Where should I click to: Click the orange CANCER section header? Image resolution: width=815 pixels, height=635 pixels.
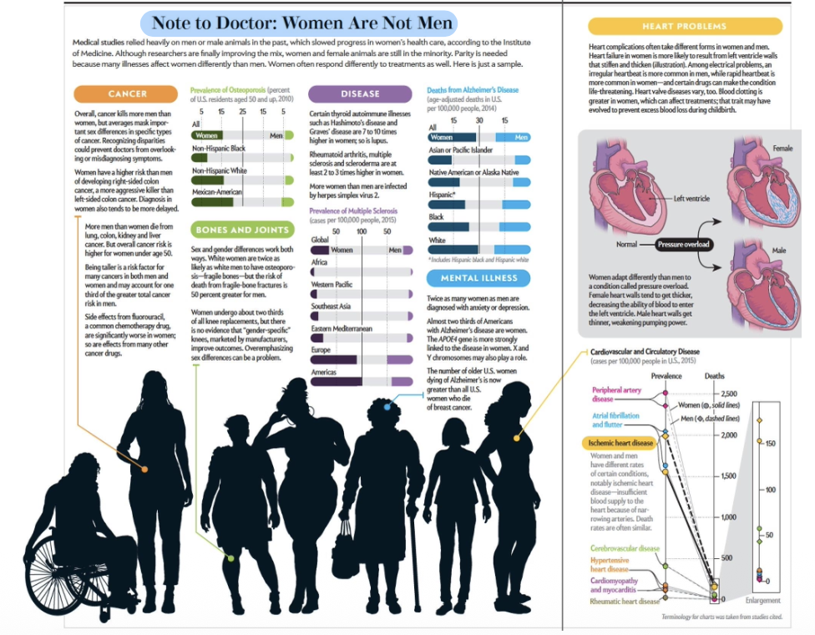click(x=128, y=94)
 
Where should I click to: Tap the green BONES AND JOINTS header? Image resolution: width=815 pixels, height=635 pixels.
click(x=240, y=230)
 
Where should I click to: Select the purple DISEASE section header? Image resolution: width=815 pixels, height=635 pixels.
click(x=360, y=94)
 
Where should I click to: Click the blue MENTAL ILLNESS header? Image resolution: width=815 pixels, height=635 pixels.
click(x=479, y=278)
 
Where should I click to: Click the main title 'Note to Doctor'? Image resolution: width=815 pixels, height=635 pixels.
click(x=301, y=22)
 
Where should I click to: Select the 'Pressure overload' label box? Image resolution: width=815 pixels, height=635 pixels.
click(x=682, y=244)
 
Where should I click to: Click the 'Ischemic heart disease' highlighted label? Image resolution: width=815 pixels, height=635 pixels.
click(x=619, y=443)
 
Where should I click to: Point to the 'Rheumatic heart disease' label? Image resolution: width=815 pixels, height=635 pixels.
click(x=625, y=601)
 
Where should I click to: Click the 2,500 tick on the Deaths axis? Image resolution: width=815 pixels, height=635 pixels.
click(x=729, y=394)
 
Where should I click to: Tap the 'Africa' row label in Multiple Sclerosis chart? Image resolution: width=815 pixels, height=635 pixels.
click(x=319, y=262)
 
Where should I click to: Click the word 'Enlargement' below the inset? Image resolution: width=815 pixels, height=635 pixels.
click(x=762, y=600)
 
